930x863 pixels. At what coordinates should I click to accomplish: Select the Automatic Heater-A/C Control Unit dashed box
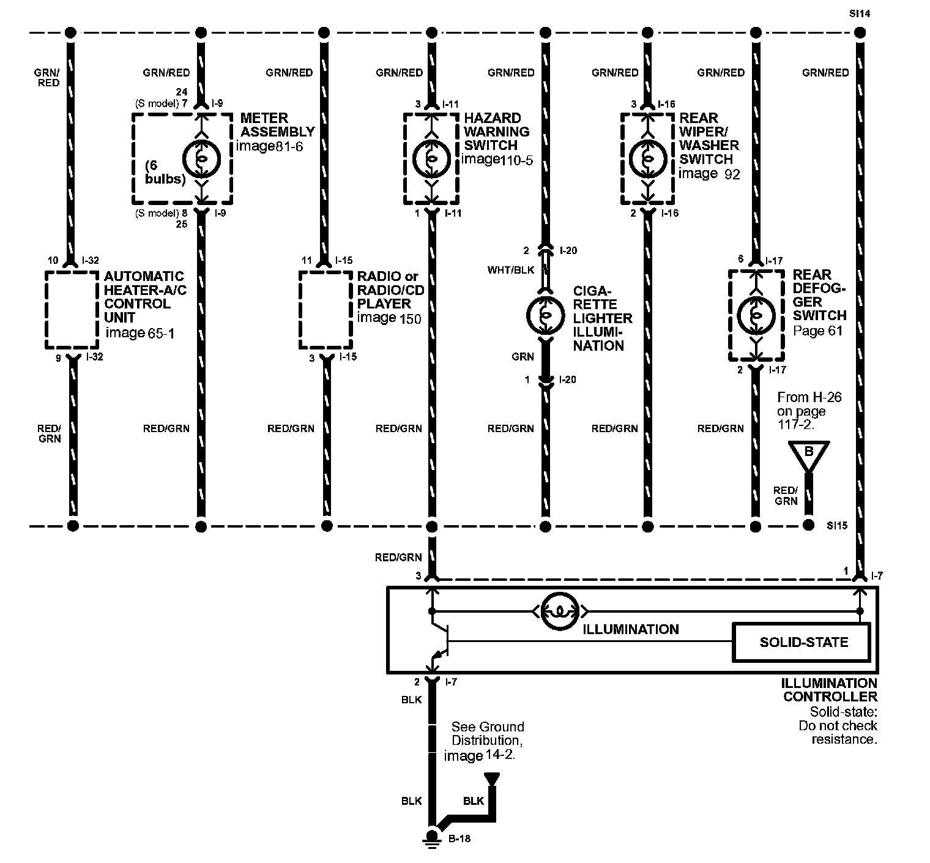pos(72,310)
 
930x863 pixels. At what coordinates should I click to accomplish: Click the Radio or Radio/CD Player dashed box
pos(325,310)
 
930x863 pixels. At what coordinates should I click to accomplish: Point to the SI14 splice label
pos(859,13)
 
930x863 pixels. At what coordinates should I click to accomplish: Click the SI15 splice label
pos(836,525)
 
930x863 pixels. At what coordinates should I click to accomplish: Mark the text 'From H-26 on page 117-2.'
pos(809,410)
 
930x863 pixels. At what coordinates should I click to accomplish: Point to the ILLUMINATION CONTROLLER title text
pos(830,690)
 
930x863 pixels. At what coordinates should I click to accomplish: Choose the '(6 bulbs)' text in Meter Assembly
pos(165,173)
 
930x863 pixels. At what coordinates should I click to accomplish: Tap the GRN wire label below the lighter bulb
pos(523,357)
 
